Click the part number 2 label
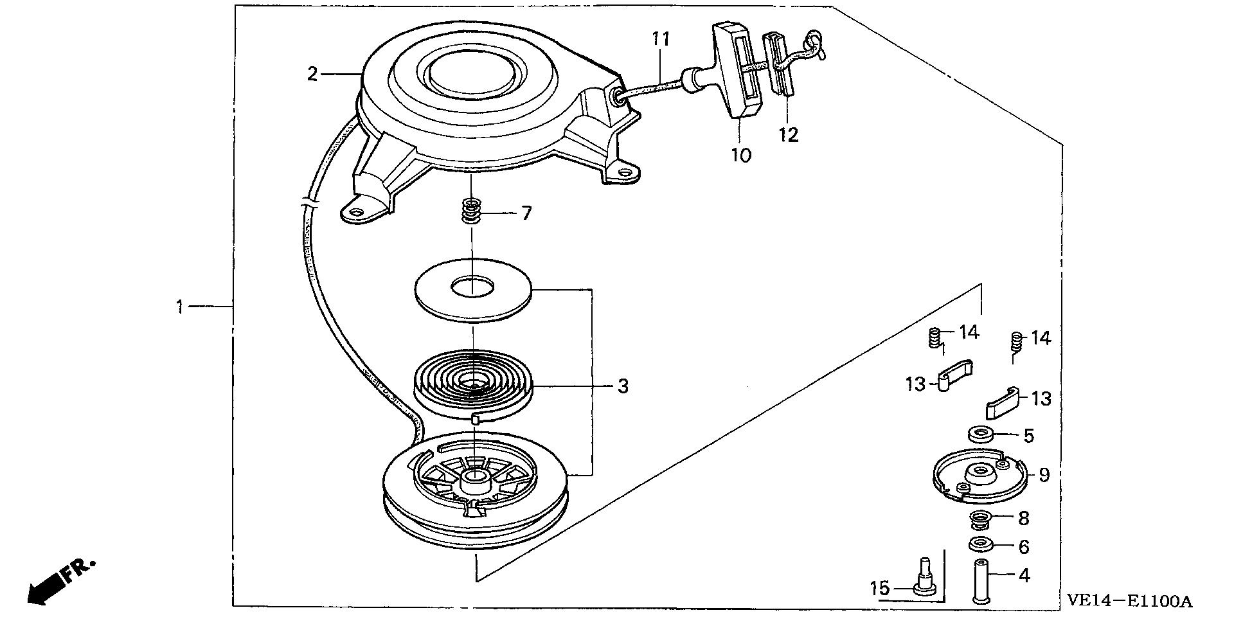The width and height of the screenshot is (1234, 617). pos(312,75)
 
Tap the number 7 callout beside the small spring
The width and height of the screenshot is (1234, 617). pos(526,213)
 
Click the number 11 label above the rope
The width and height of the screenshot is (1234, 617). pos(661,39)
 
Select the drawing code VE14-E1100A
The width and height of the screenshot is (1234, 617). pos(1129,601)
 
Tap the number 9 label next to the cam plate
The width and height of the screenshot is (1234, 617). pos(1044,474)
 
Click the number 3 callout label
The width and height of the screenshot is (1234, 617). pos(622,386)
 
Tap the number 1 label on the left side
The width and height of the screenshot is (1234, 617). pos(181,307)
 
